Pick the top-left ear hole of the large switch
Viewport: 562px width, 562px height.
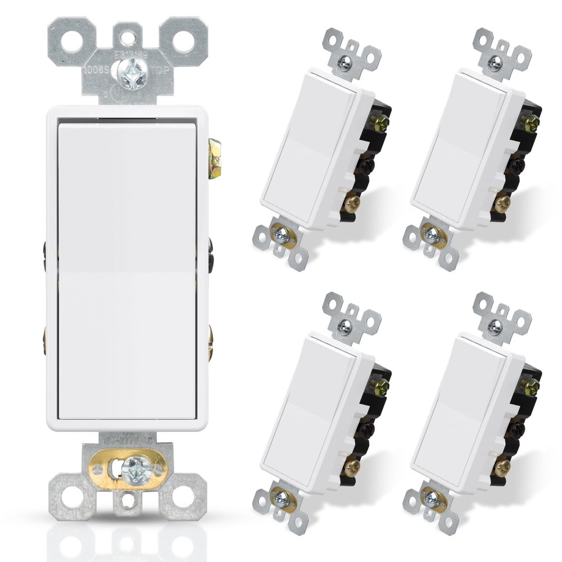[x=71, y=41]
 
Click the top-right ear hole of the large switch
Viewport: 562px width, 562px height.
[x=183, y=41]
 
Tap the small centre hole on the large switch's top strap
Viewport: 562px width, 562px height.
[x=128, y=38]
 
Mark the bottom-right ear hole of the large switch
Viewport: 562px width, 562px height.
[x=183, y=496]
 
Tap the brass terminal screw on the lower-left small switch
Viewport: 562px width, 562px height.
[x=351, y=466]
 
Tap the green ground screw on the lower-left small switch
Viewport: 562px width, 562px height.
[x=380, y=387]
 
